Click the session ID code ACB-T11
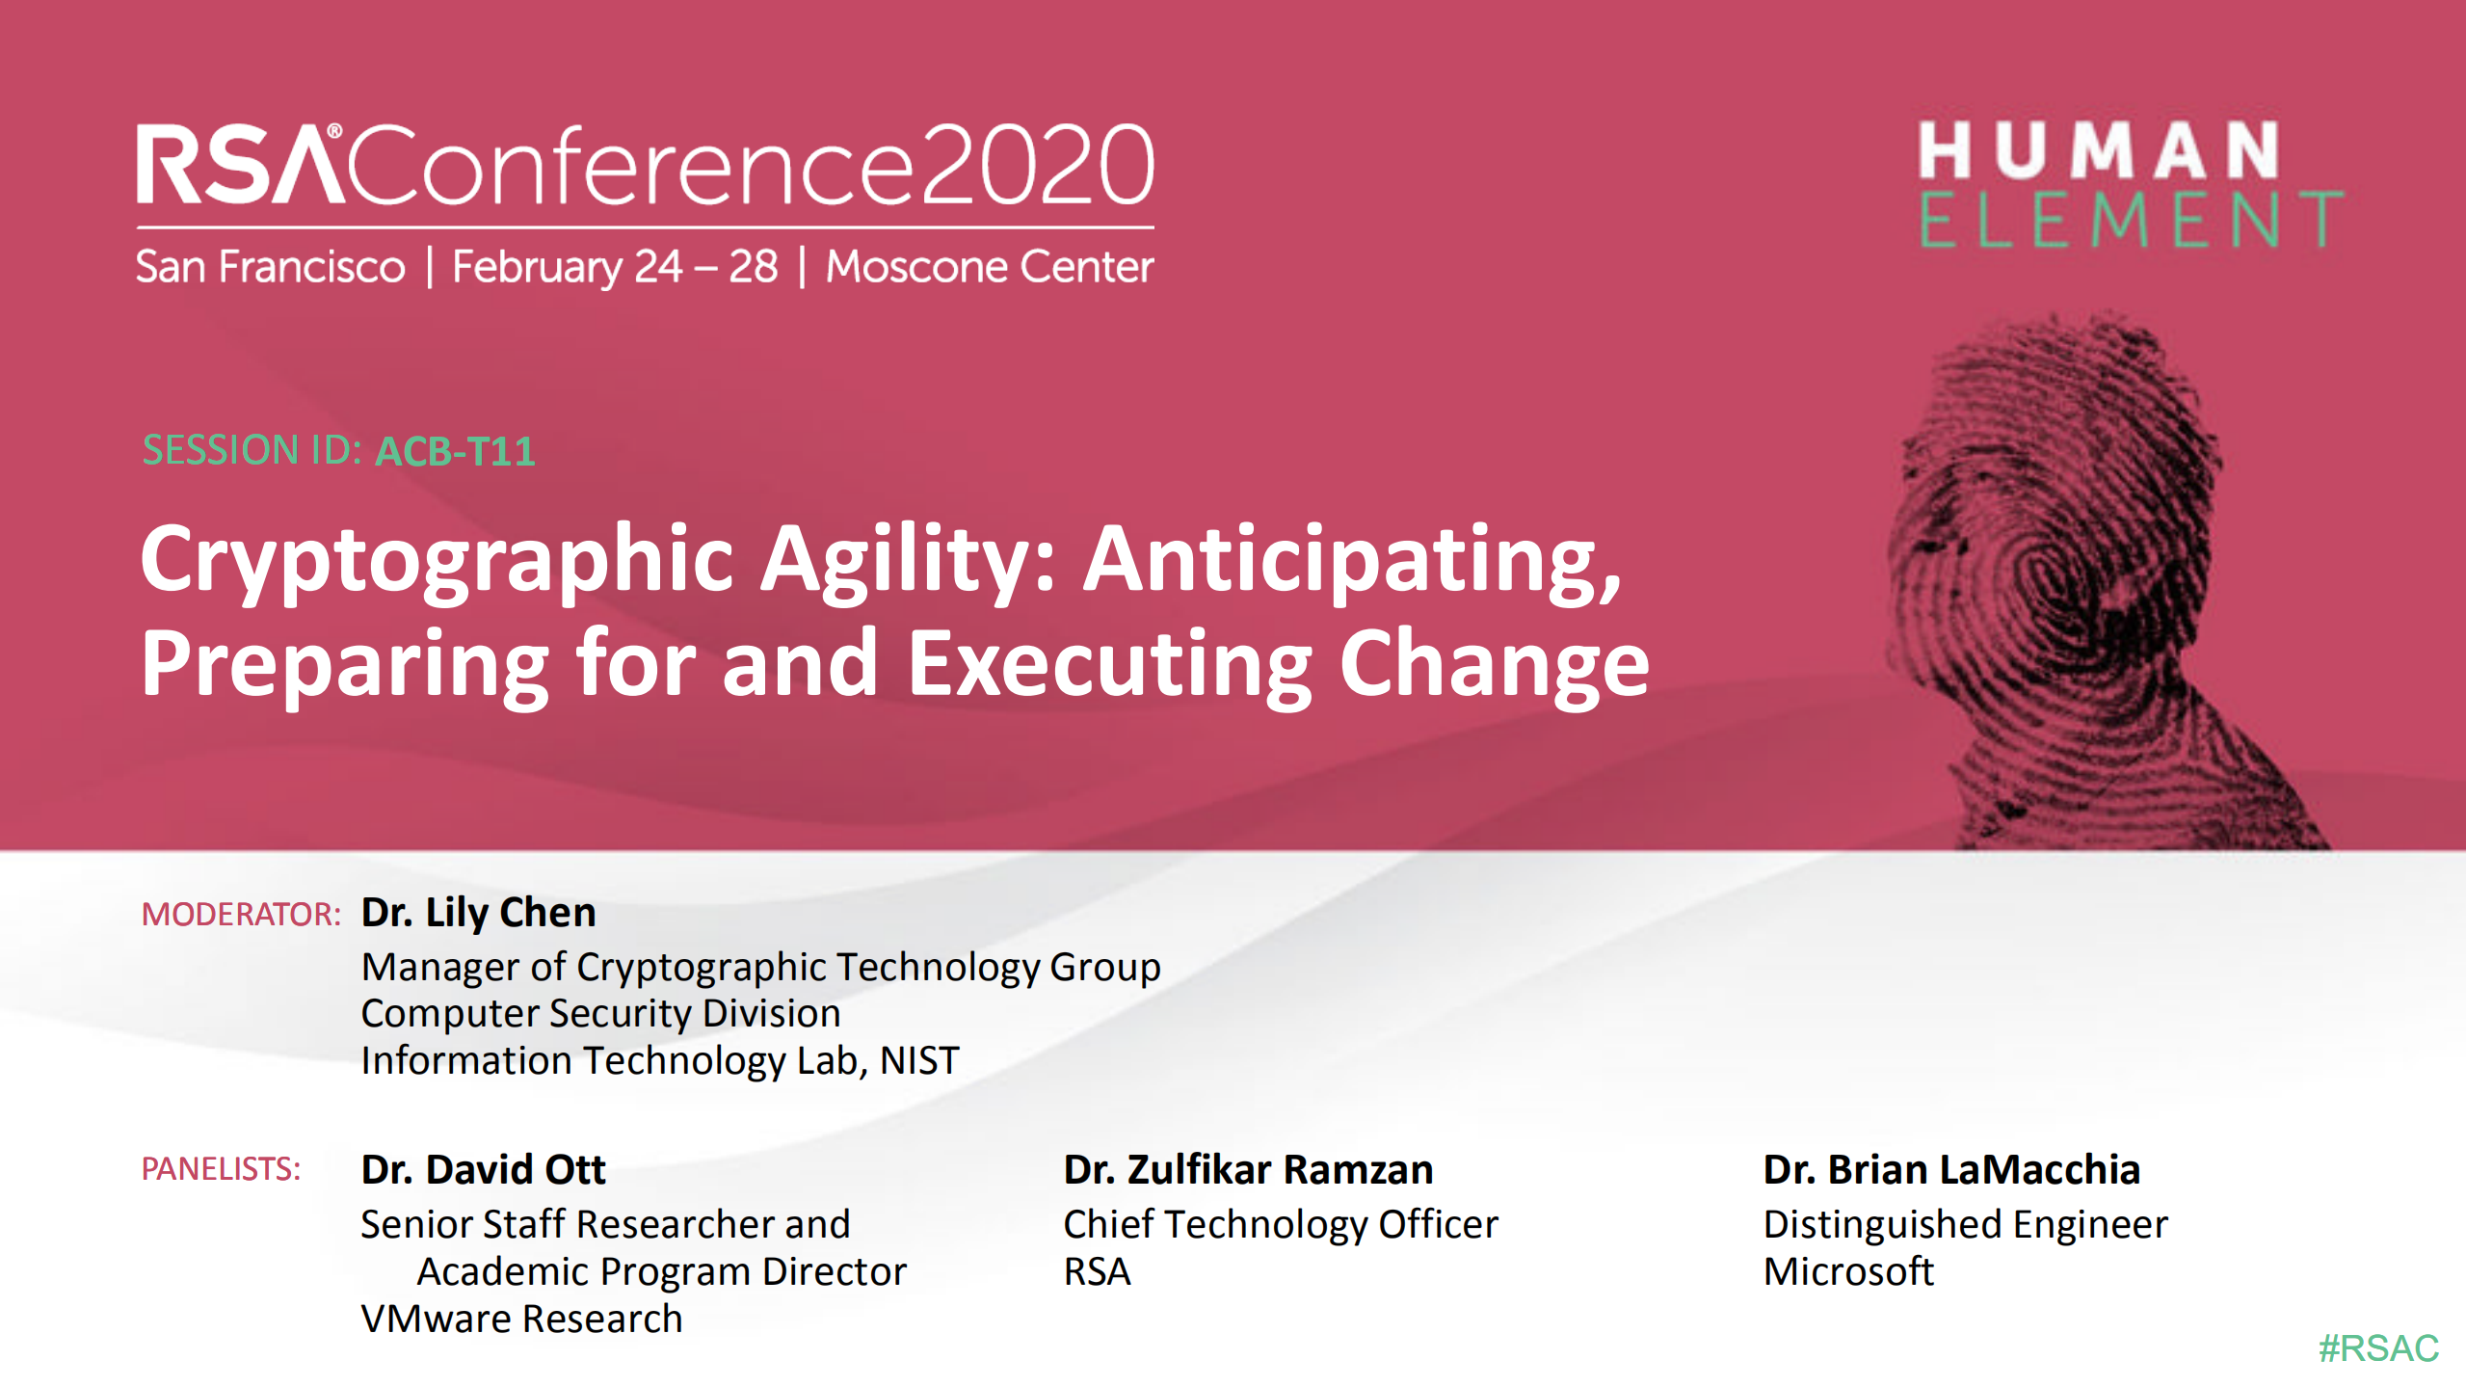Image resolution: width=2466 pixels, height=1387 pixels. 455,452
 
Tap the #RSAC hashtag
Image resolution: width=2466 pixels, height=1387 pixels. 2377,1347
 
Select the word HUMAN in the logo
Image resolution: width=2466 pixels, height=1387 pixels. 2098,150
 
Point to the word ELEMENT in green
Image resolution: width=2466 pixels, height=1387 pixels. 2130,221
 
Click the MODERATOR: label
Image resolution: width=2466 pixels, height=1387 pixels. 241,914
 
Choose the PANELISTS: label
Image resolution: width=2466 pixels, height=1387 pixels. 221,1169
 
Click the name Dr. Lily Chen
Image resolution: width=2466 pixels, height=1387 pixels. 478,912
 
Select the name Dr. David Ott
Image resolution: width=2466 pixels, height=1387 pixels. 483,1169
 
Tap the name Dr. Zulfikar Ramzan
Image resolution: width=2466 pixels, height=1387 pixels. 1248,1169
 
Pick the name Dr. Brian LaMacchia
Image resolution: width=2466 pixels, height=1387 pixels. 1951,1169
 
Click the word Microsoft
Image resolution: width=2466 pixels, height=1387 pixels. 1848,1271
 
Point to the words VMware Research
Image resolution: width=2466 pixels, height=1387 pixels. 521,1319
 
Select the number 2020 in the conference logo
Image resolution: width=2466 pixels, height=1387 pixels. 1037,165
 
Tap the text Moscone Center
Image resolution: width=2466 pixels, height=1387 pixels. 990,267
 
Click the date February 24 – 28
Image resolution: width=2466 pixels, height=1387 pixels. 615,267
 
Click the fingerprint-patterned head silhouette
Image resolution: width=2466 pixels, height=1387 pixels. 2072,578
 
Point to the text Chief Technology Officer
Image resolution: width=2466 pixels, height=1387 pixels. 1281,1224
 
